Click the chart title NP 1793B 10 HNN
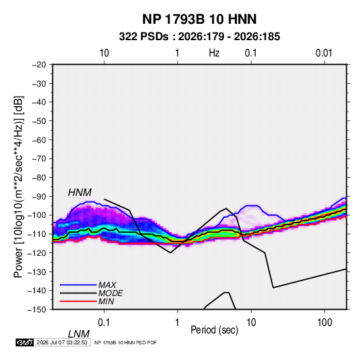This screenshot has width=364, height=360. (x=199, y=19)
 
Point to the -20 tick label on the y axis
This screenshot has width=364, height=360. (x=39, y=65)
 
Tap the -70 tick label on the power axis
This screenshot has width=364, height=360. (x=39, y=159)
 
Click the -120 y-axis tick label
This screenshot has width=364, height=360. (x=37, y=253)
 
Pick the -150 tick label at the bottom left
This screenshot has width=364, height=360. (x=37, y=310)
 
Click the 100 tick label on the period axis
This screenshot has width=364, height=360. (x=325, y=323)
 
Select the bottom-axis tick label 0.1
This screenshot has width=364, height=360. (x=103, y=323)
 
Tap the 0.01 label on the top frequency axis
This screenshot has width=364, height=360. (x=324, y=53)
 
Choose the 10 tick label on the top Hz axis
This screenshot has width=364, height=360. (x=104, y=53)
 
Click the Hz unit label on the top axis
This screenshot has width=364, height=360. (x=214, y=53)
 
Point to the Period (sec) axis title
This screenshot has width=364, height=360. (x=214, y=330)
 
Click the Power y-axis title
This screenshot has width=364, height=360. (x=18, y=187)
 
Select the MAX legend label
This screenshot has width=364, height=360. (x=107, y=285)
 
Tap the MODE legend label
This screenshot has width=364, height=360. (x=110, y=293)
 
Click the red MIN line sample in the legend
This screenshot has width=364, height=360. (x=78, y=301)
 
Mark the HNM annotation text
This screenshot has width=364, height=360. (x=80, y=193)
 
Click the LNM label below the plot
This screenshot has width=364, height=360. (x=78, y=334)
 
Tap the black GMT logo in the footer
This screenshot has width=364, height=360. (x=25, y=342)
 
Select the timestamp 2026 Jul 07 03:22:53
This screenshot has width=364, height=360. (x=62, y=342)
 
